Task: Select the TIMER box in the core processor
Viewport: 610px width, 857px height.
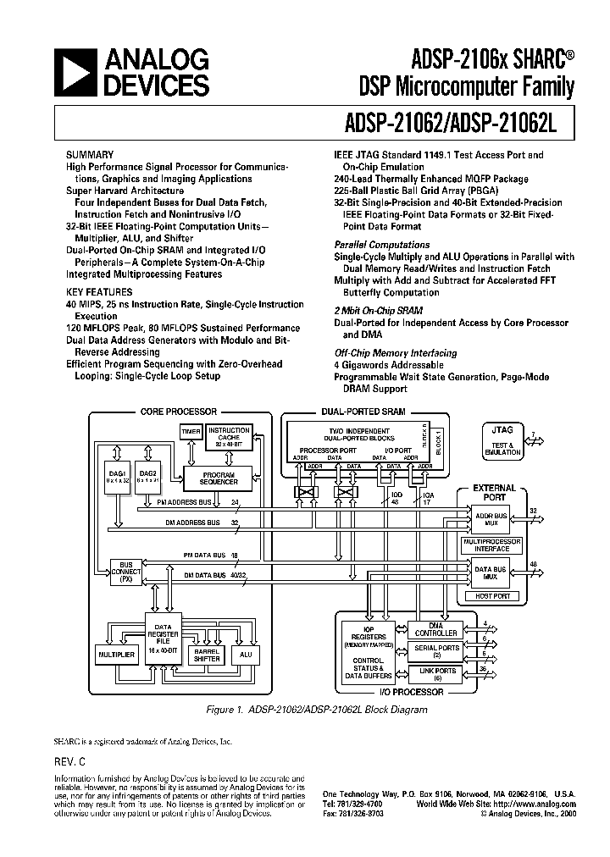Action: (191, 433)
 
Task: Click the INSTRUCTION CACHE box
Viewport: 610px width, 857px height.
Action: (229, 436)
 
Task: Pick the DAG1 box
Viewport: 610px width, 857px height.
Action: (118, 478)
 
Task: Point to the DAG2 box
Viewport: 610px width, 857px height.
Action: (147, 478)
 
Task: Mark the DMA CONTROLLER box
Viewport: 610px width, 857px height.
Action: (436, 629)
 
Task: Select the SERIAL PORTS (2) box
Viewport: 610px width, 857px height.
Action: (436, 652)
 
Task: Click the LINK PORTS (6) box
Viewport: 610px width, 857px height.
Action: (436, 675)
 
